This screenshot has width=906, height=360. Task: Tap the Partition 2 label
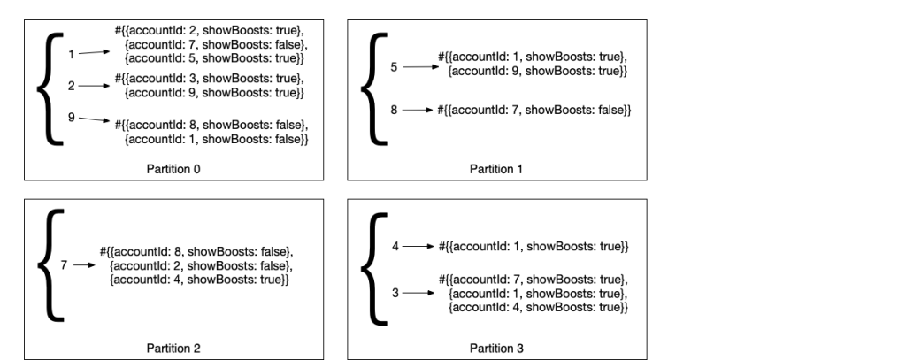coord(173,349)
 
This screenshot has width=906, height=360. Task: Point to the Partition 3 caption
coord(496,349)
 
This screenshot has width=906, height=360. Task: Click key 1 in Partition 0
coord(72,54)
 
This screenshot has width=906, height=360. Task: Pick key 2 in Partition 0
coord(72,86)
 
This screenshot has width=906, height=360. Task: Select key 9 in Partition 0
coord(72,118)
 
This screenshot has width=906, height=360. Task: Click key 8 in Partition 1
coord(394,111)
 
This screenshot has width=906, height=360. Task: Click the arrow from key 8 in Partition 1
coord(419,111)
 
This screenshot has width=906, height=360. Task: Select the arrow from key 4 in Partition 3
coord(419,245)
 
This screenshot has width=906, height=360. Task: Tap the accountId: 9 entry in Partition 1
coord(538,70)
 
